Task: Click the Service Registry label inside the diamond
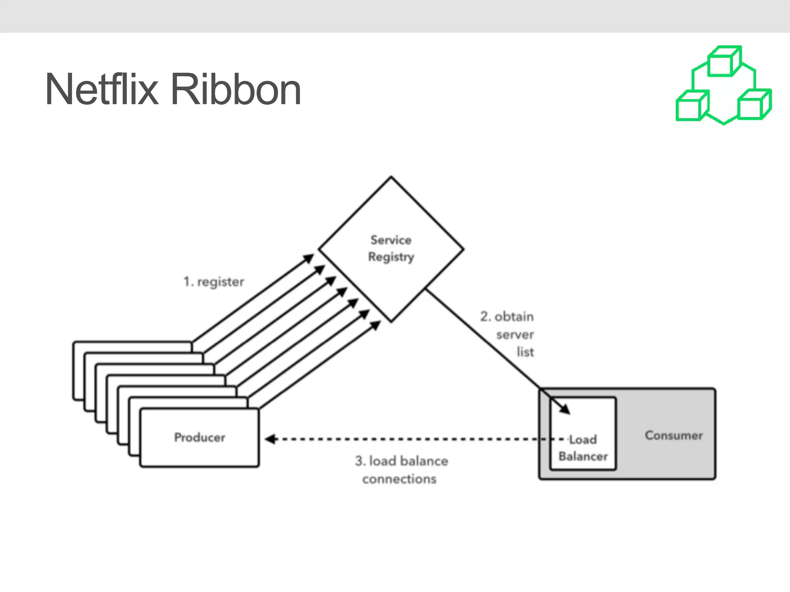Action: click(x=391, y=248)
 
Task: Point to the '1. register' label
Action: click(x=214, y=282)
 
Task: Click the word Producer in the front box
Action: click(x=199, y=437)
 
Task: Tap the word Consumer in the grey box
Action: click(x=674, y=436)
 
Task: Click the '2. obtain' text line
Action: click(x=506, y=317)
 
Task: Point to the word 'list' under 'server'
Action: click(x=525, y=352)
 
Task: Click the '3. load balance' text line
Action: click(x=401, y=461)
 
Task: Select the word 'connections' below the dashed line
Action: click(x=399, y=479)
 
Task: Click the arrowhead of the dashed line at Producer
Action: click(x=270, y=439)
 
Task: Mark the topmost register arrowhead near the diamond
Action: click(x=309, y=258)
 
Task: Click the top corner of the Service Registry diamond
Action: click(x=391, y=177)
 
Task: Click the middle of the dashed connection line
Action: click(x=405, y=439)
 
